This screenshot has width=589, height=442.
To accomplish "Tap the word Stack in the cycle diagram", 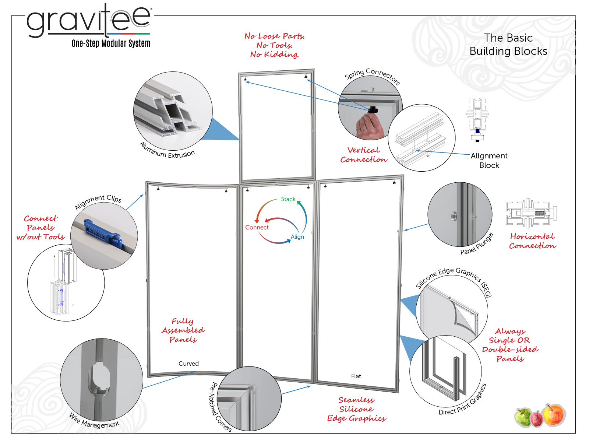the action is pyautogui.click(x=288, y=199).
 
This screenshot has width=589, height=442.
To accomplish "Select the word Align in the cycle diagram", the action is pyautogui.click(x=297, y=237).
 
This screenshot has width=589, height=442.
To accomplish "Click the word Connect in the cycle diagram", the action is pyautogui.click(x=257, y=227).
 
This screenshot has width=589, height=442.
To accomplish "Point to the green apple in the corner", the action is pyautogui.click(x=523, y=417).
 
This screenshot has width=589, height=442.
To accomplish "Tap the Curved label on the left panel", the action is pyautogui.click(x=188, y=364).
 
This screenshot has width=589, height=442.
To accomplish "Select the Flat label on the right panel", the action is pyautogui.click(x=356, y=376).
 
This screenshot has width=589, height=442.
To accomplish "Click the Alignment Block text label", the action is pyautogui.click(x=489, y=161).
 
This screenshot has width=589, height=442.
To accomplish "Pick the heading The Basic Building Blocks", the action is pyautogui.click(x=508, y=45).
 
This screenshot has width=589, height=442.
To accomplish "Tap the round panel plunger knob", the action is pyautogui.click(x=454, y=216).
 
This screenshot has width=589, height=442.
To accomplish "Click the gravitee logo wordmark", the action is pyautogui.click(x=89, y=21).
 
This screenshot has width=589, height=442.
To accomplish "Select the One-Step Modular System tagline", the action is pyautogui.click(x=111, y=43).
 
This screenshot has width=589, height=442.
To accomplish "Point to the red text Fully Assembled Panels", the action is pyautogui.click(x=183, y=330).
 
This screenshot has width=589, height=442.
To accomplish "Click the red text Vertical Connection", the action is pyautogui.click(x=364, y=155).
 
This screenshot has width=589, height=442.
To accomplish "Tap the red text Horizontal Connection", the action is pyautogui.click(x=533, y=241).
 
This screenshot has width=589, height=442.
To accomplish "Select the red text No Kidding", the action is pyautogui.click(x=274, y=55).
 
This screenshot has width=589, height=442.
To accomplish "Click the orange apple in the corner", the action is pyautogui.click(x=554, y=415).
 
